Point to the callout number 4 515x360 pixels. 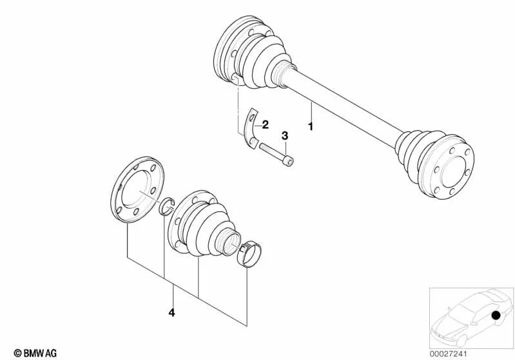tap(171, 313)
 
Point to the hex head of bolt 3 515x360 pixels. tap(289, 160)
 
